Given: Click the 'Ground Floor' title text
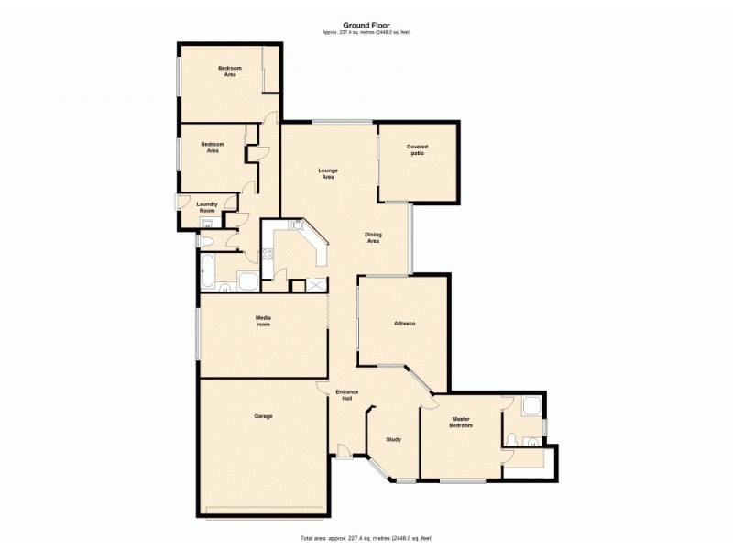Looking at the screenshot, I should pyautogui.click(x=366, y=26).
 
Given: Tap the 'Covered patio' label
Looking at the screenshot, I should pyautogui.click(x=418, y=149).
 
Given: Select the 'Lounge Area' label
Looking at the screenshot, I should pyautogui.click(x=327, y=173).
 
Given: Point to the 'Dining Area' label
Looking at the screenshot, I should pyautogui.click(x=373, y=237).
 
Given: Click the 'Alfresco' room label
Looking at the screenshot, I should pyautogui.click(x=405, y=324).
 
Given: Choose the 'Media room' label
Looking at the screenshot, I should pyautogui.click(x=263, y=321).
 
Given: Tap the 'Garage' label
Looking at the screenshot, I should pyautogui.click(x=263, y=416).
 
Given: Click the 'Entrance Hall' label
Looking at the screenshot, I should pyautogui.click(x=347, y=396).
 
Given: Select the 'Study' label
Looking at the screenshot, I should pyautogui.click(x=394, y=439).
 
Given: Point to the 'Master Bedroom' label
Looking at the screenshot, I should pyautogui.click(x=461, y=423).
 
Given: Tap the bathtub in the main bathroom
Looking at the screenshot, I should pyautogui.click(x=206, y=270).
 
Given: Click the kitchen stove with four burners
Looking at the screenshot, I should pyautogui.click(x=268, y=256).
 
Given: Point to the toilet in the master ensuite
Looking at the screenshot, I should pyautogui.click(x=514, y=438).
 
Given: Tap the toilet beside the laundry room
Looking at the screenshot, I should pyautogui.click(x=206, y=240).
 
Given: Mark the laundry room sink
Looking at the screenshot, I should pyautogui.click(x=207, y=224).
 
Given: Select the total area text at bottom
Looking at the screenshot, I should pyautogui.click(x=366, y=538).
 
